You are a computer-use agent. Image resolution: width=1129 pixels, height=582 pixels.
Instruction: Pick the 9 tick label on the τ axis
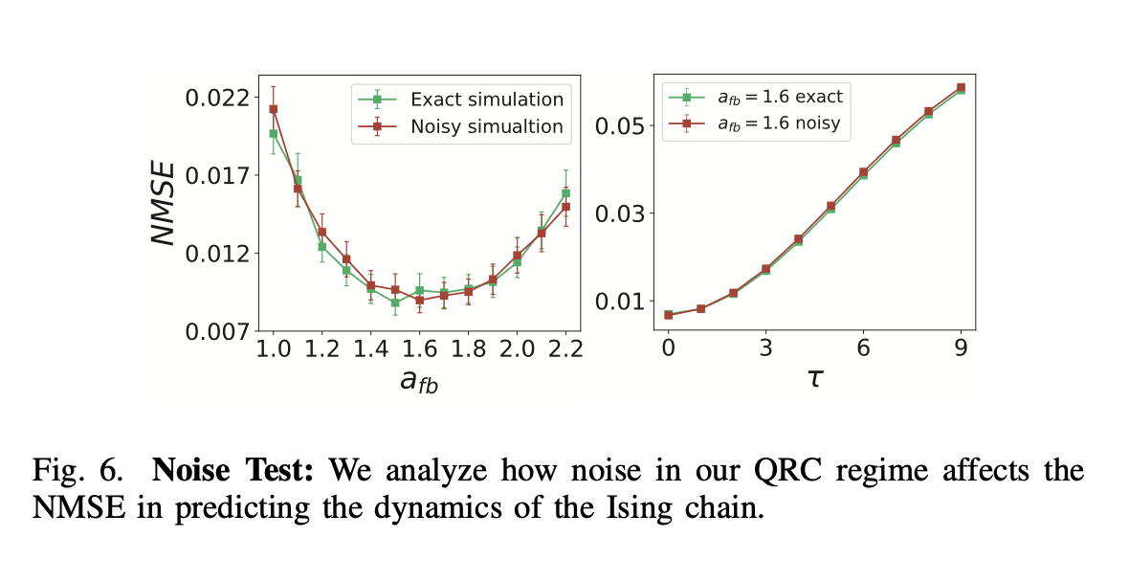(x=960, y=347)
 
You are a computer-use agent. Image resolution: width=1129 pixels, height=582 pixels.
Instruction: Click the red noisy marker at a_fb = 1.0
(x=274, y=109)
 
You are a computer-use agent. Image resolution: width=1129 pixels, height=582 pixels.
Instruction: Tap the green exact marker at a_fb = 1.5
(x=395, y=302)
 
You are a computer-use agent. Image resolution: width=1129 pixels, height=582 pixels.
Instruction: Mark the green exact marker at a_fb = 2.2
(x=565, y=192)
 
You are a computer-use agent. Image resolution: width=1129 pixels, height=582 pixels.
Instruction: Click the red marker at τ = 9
(x=960, y=87)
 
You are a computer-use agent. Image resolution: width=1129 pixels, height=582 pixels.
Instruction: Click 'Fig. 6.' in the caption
(x=78, y=471)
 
